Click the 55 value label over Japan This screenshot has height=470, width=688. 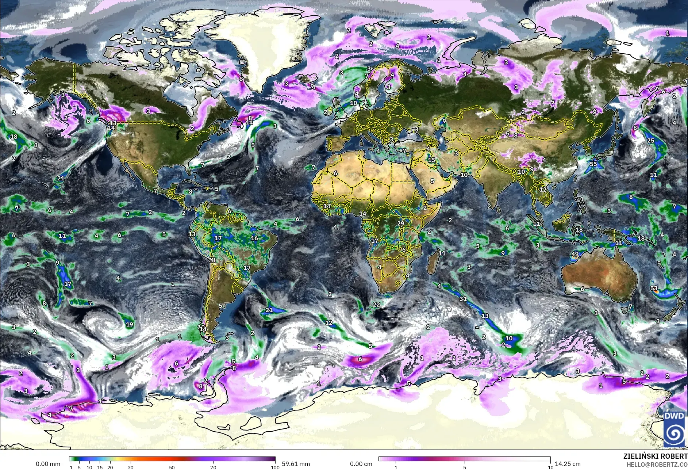[x=593, y=164]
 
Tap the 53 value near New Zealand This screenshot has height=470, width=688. [x=654, y=289]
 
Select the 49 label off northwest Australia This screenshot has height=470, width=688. [x=575, y=254]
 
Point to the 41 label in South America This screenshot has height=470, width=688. [x=212, y=260]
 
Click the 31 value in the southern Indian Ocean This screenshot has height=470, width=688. [x=463, y=299]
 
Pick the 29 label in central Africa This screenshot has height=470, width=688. [x=401, y=223]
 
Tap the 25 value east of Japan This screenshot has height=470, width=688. [x=651, y=141]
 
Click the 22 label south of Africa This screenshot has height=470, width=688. [x=376, y=304]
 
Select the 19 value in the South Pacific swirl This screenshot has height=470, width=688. [x=129, y=324]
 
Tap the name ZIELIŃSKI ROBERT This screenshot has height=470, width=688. [x=656, y=456]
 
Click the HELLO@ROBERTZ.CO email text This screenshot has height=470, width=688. [x=657, y=465]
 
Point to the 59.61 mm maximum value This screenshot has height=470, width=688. [x=296, y=464]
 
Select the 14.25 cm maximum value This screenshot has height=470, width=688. [x=568, y=464]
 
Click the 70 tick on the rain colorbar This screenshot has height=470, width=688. [x=213, y=467]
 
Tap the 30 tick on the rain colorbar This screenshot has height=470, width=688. [x=130, y=467]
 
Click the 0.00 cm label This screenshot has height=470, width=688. [x=361, y=464]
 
